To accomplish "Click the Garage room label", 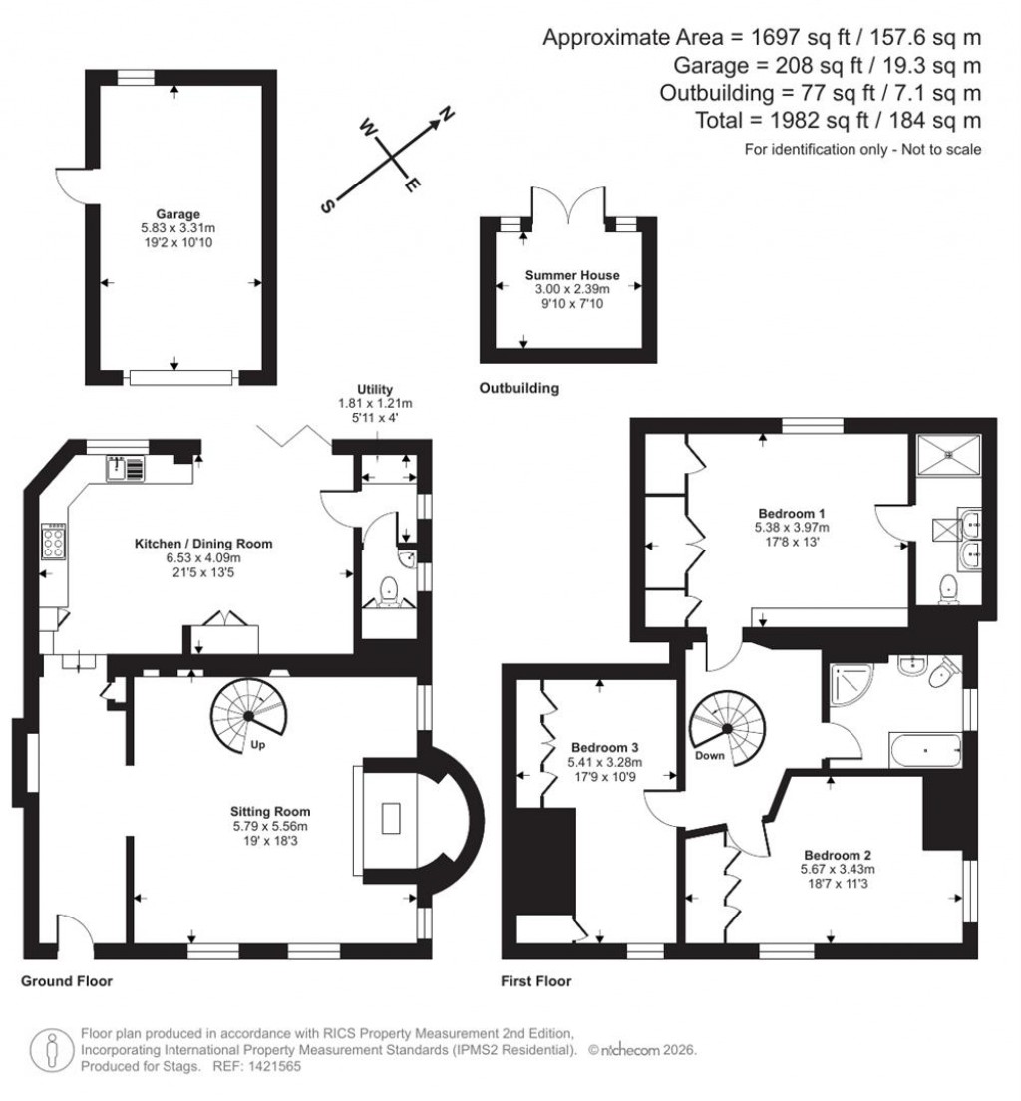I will [177, 213].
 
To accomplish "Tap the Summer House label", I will [572, 275].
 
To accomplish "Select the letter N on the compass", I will [448, 113].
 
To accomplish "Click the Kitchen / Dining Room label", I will [203, 544].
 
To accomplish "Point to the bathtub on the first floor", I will [925, 746].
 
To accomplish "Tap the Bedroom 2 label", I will [838, 855].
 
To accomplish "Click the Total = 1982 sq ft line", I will [838, 120].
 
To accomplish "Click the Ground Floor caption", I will [67, 981].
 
